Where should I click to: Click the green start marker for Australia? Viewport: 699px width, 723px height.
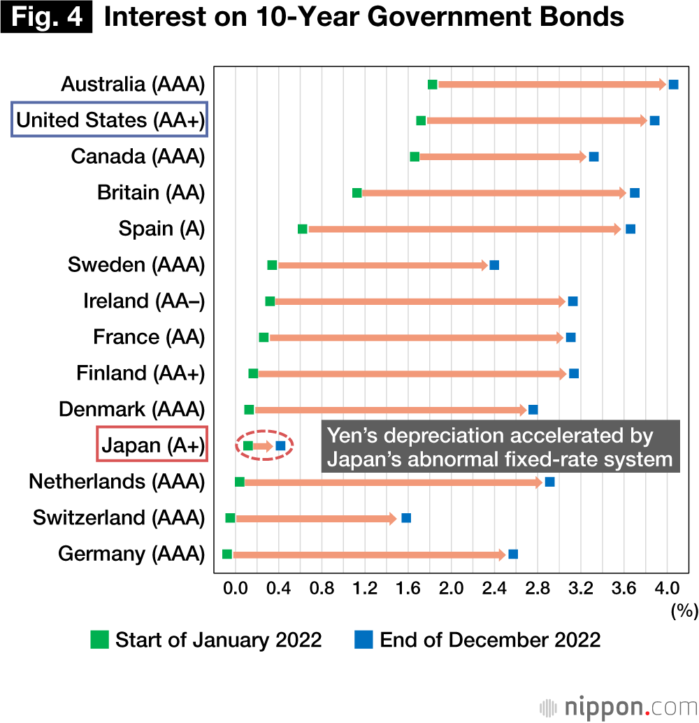[432, 85]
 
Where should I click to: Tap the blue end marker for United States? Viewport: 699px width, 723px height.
[654, 120]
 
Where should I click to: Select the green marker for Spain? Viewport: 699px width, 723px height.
[302, 229]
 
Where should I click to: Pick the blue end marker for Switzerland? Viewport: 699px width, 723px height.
[406, 518]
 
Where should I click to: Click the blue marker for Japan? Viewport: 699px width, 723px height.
[280, 445]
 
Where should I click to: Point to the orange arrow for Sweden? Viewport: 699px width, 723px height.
[382, 265]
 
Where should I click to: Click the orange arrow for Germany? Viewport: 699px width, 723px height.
[368, 554]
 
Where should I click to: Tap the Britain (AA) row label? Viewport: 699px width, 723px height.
[151, 192]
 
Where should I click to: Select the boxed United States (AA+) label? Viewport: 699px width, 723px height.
[110, 120]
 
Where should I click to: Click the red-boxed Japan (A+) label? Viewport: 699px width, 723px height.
[152, 445]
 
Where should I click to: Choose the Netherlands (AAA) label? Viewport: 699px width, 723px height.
[117, 482]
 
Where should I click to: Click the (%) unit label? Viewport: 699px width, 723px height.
[684, 611]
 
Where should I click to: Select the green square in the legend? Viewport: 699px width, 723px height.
[100, 639]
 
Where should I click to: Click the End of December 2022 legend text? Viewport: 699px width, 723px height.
[490, 640]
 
